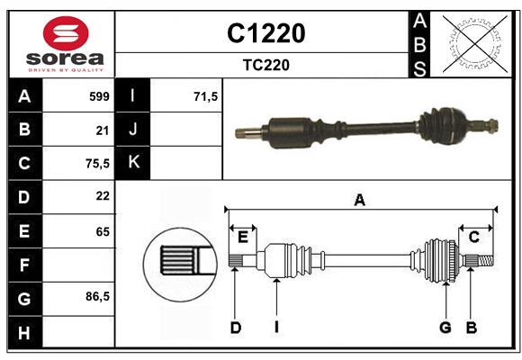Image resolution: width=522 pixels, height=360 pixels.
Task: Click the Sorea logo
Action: click(62, 44)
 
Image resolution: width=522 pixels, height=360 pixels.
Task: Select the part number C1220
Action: click(265, 33)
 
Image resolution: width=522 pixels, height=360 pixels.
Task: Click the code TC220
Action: click(265, 65)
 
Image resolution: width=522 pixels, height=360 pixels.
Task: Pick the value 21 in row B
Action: click(102, 130)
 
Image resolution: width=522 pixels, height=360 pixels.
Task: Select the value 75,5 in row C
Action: click(96, 163)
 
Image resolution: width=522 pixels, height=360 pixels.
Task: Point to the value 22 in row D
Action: click(102, 195)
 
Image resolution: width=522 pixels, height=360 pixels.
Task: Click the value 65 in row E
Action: click(102, 230)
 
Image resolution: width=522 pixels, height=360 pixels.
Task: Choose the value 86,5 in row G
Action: click(96, 296)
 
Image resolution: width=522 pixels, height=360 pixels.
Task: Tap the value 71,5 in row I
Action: click(206, 96)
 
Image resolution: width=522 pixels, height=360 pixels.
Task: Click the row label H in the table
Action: click(24, 333)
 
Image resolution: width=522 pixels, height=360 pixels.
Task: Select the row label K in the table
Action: click(134, 163)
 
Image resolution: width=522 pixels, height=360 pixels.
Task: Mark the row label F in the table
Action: click(24, 265)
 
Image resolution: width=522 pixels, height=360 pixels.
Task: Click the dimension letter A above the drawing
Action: click(360, 201)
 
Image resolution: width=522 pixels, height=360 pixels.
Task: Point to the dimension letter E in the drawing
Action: click(242, 237)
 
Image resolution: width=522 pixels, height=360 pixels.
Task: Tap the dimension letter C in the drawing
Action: click(473, 237)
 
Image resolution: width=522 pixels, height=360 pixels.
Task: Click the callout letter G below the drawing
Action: click(445, 328)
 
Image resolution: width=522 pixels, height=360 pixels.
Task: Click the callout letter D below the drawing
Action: click(235, 328)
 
